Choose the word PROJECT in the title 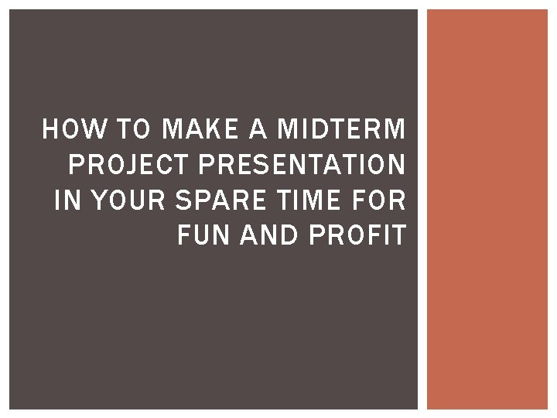click(x=121, y=166)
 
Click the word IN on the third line click(x=67, y=200)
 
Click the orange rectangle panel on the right click(x=487, y=209)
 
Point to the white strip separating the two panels click(x=422, y=209)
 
